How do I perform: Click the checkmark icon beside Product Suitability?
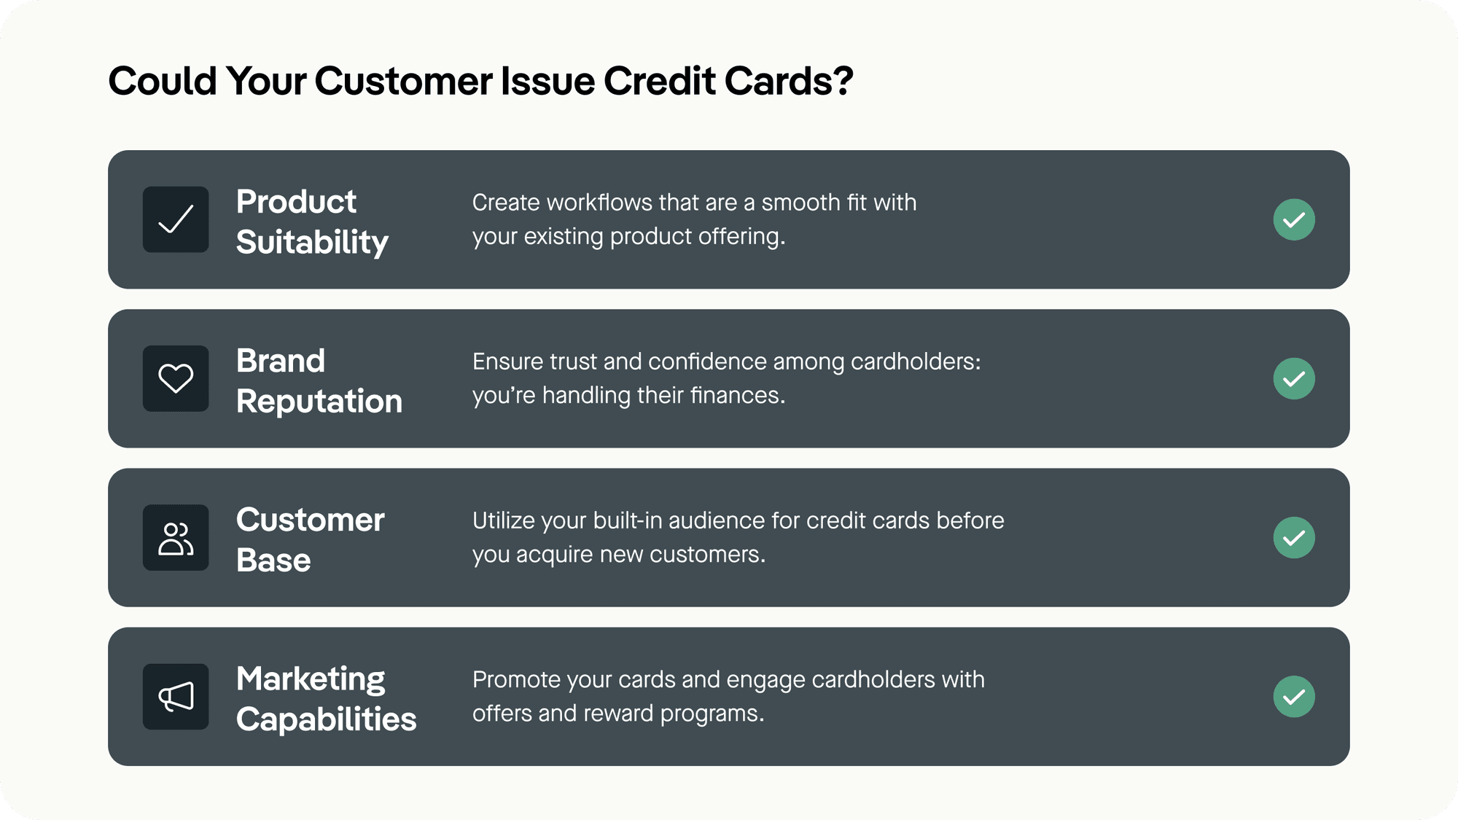coord(176,219)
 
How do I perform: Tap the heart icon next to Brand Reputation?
coord(176,378)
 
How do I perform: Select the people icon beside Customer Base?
coord(176,538)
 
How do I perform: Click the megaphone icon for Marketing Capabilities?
coord(176,697)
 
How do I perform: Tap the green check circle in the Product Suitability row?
coord(1294,219)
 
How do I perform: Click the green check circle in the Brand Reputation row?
coord(1294,378)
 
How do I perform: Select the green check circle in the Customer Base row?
coord(1294,538)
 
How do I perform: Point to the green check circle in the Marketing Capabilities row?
coord(1294,697)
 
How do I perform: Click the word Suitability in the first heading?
coord(312,243)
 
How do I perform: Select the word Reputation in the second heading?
coord(319,402)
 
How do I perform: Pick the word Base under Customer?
coord(273,561)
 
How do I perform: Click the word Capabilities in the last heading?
coord(326,720)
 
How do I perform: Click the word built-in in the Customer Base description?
coord(628,520)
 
